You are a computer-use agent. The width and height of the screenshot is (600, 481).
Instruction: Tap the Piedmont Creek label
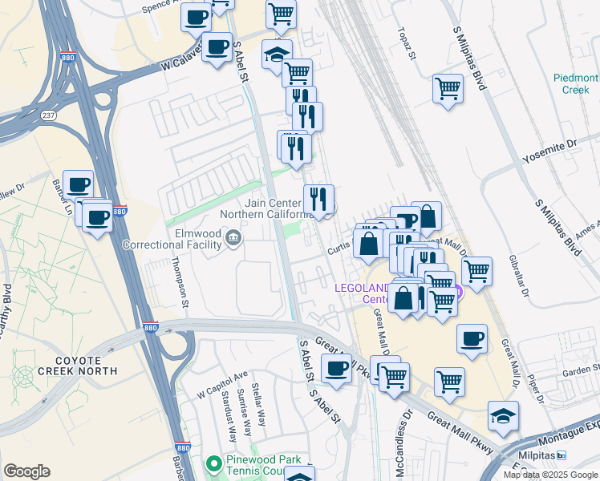576,83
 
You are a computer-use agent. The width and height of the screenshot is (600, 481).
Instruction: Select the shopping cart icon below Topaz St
448,89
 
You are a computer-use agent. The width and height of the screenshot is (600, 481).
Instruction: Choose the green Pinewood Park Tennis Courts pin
213,464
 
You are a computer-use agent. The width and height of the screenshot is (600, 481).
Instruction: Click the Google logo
26,471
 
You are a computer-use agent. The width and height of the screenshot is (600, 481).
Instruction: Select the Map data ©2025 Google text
550,475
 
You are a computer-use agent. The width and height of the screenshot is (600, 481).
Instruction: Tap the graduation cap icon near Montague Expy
503,416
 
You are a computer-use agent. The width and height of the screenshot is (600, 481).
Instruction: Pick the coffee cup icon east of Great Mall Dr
472,338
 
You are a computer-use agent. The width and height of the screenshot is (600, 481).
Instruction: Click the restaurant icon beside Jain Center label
318,199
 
